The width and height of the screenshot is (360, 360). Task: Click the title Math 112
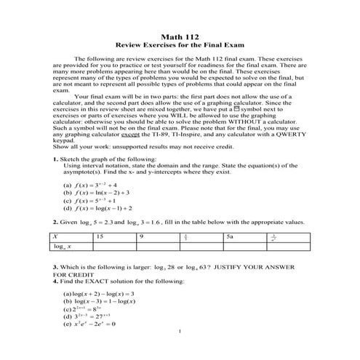[x=180, y=38]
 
